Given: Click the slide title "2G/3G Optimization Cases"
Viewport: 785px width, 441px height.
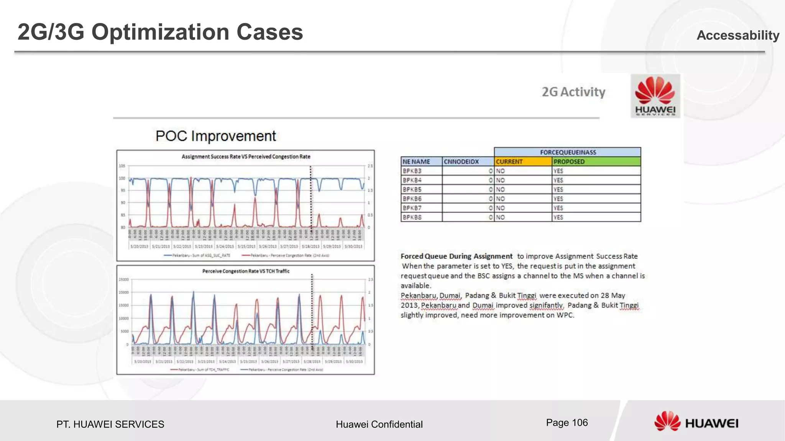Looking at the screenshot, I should click(x=160, y=32).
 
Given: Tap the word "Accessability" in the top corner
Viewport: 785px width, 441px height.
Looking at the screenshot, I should click(x=737, y=35).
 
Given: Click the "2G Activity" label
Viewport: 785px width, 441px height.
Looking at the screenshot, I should click(x=573, y=92).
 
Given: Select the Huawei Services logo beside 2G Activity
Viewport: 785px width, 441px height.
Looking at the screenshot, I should click(x=655, y=96).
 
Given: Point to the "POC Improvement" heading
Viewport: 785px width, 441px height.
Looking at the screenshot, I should click(x=215, y=136).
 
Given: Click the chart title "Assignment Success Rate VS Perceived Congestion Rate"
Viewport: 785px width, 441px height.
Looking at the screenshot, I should click(x=246, y=157).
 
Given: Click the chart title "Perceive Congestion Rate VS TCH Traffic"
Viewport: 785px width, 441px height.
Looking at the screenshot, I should click(x=246, y=271).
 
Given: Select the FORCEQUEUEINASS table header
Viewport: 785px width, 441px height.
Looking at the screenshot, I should click(x=568, y=152).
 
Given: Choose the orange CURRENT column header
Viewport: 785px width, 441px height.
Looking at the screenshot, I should click(x=523, y=162).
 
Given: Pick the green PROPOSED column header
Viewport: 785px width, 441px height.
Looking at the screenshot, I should click(x=596, y=162).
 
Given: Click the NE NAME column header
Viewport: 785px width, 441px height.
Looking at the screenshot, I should click(x=421, y=162).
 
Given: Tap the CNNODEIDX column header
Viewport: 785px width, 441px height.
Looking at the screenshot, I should click(x=468, y=162).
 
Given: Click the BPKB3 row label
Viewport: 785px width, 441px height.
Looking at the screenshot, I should click(x=412, y=171).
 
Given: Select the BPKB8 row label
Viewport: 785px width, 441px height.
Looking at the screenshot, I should click(x=412, y=217).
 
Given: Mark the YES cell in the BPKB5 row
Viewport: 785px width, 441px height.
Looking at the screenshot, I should click(x=558, y=189).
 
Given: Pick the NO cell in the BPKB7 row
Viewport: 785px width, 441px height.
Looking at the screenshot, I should click(x=501, y=208).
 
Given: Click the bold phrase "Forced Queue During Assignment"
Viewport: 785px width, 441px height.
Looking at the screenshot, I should click(x=457, y=256).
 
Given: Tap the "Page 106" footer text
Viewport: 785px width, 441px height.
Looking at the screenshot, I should click(x=567, y=423).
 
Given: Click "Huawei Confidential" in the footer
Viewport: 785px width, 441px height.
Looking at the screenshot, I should click(x=379, y=424).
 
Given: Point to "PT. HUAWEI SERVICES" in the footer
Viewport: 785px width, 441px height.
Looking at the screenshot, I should click(x=110, y=424).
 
